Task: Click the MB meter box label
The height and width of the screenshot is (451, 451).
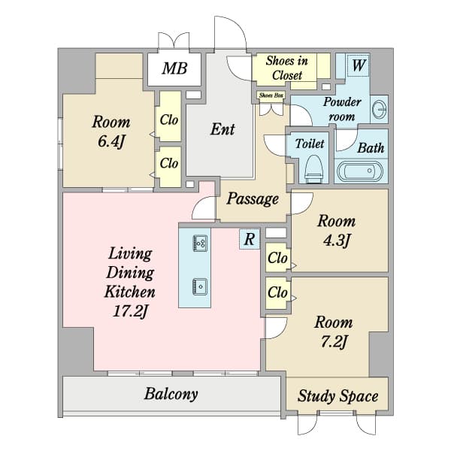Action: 174,68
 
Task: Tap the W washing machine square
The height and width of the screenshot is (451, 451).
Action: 359,65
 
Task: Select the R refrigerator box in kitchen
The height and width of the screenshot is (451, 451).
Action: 250,239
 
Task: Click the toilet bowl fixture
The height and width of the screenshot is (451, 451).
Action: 313,169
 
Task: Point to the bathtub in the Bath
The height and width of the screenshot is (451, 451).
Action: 360,171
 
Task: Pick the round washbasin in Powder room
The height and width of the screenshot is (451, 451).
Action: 379,109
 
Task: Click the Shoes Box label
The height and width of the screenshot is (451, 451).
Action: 271,95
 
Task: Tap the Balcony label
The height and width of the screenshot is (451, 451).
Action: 171,395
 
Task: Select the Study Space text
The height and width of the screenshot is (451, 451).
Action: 337,396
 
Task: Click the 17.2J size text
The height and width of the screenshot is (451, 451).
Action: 131,311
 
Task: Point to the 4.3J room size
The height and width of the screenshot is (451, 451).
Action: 337,240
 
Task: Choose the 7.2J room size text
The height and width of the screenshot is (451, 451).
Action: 334,342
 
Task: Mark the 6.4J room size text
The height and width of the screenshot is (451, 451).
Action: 111,141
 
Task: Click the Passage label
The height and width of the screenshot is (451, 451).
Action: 253,199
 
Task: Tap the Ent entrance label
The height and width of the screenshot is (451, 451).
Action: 222,129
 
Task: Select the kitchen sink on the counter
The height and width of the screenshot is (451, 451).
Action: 200,286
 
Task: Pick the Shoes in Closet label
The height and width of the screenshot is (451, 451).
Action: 287,68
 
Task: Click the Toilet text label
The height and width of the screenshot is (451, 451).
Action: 310,144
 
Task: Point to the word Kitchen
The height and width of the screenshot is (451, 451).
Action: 130,292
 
